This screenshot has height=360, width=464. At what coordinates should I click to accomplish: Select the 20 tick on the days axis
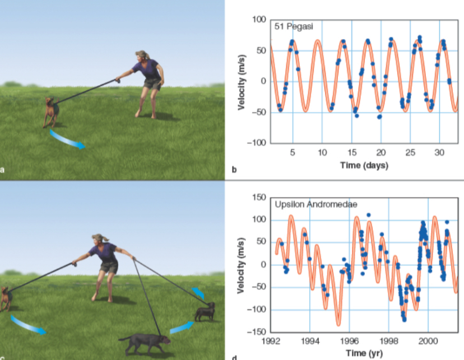pyautogui.click(x=381, y=153)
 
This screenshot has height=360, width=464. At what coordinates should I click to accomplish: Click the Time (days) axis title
pyautogui.click(x=363, y=165)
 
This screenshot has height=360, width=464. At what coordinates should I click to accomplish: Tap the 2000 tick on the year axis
pyautogui.click(x=428, y=340)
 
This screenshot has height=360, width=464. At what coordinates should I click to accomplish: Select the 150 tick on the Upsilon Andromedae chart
pyautogui.click(x=258, y=197)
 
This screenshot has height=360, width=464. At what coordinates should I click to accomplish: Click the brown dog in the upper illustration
pyautogui.click(x=52, y=111)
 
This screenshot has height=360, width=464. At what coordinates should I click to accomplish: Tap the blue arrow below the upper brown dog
pyautogui.click(x=68, y=139)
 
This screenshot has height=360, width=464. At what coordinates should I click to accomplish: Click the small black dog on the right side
pyautogui.click(x=205, y=312)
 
